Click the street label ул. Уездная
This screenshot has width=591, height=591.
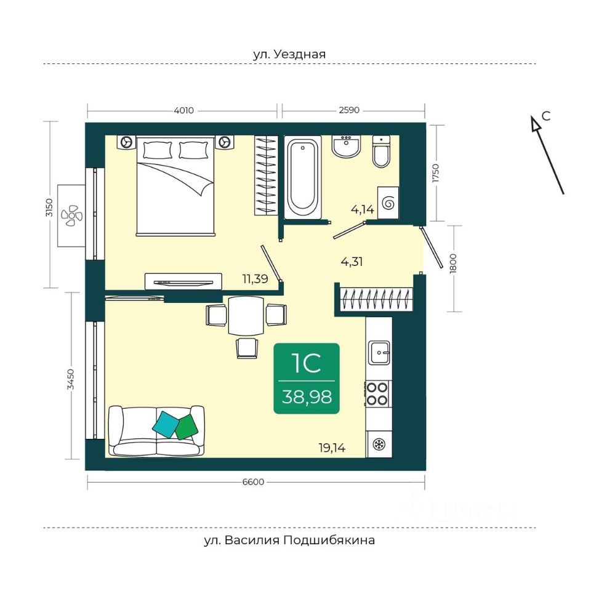(x=289, y=54)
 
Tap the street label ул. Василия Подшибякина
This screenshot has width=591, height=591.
(x=289, y=540)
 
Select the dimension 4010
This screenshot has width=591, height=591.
(x=183, y=110)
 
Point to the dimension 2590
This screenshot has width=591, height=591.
(x=349, y=110)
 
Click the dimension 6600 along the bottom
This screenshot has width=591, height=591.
(x=253, y=482)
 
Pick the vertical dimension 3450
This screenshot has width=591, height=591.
(x=70, y=380)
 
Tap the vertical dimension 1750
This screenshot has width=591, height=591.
(x=436, y=173)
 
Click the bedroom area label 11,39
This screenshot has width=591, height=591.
(x=255, y=279)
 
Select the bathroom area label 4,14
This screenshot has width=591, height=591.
(x=362, y=209)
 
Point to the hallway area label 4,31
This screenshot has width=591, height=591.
(x=352, y=261)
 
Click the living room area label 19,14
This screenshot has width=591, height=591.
(x=332, y=448)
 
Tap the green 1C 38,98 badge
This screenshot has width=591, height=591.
(x=307, y=379)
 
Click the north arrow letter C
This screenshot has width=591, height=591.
(x=546, y=116)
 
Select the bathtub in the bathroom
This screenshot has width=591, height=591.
(x=303, y=177)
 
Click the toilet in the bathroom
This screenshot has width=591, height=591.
(x=382, y=151)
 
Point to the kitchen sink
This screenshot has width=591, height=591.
(x=379, y=352)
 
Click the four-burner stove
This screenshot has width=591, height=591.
(x=377, y=393)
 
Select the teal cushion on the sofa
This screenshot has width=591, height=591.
(x=166, y=424)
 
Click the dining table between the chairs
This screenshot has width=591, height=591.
(x=246, y=315)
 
